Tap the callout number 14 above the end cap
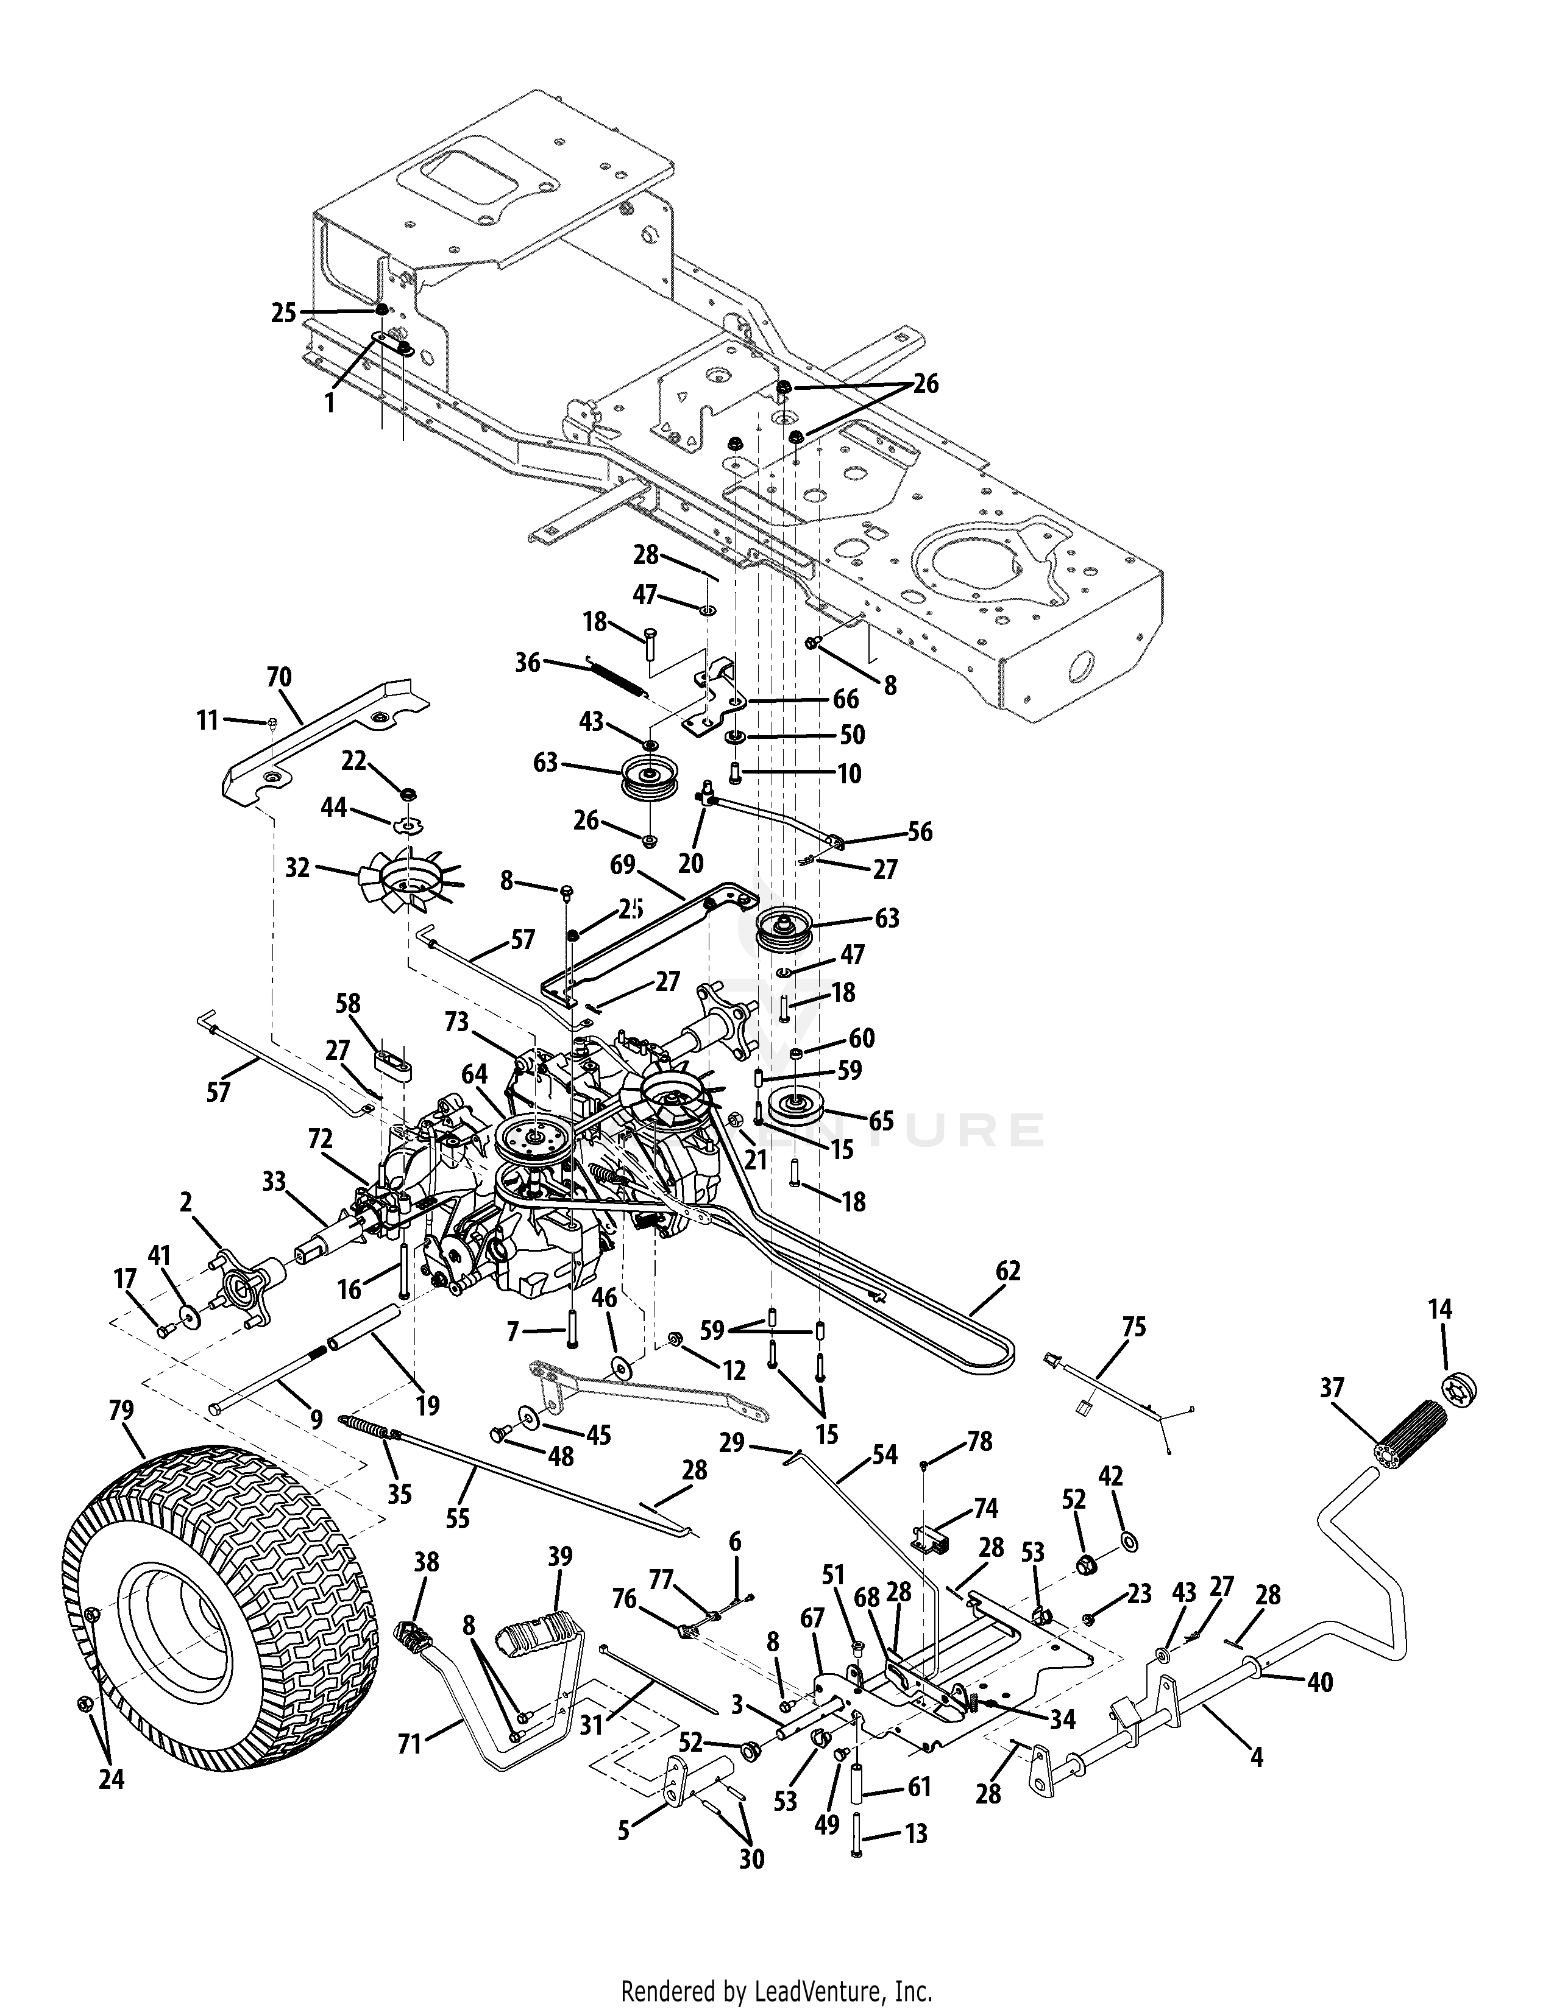[x=1441, y=1310]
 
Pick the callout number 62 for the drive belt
[x=1008, y=1271]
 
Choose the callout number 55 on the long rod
[x=458, y=1518]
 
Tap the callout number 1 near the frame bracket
[x=330, y=402]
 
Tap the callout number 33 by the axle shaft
[x=274, y=1181]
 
